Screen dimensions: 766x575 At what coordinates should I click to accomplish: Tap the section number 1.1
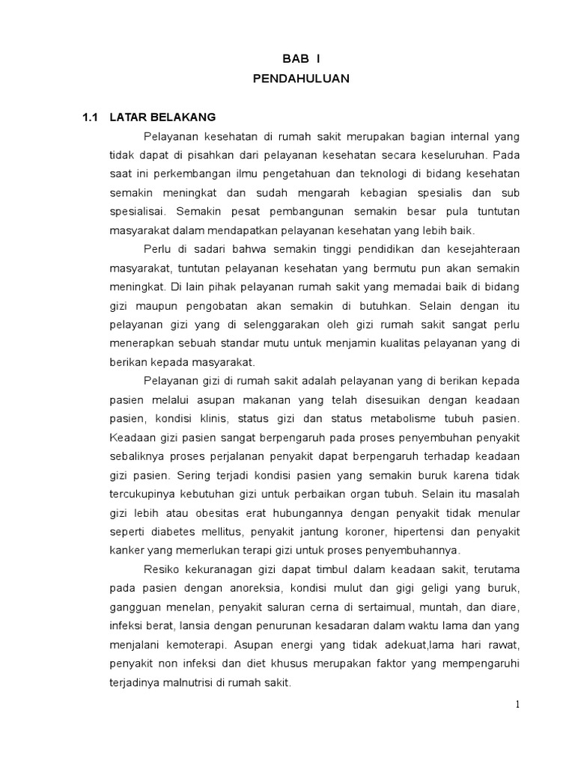[91, 117]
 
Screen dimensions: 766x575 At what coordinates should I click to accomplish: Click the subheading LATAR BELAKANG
[162, 117]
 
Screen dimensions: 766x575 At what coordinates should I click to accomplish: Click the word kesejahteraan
[481, 250]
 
